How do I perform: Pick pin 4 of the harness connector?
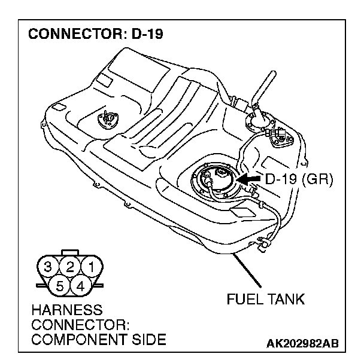tap(81, 284)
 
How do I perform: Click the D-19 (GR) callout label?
tap(298, 178)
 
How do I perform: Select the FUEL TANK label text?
tap(265, 299)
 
